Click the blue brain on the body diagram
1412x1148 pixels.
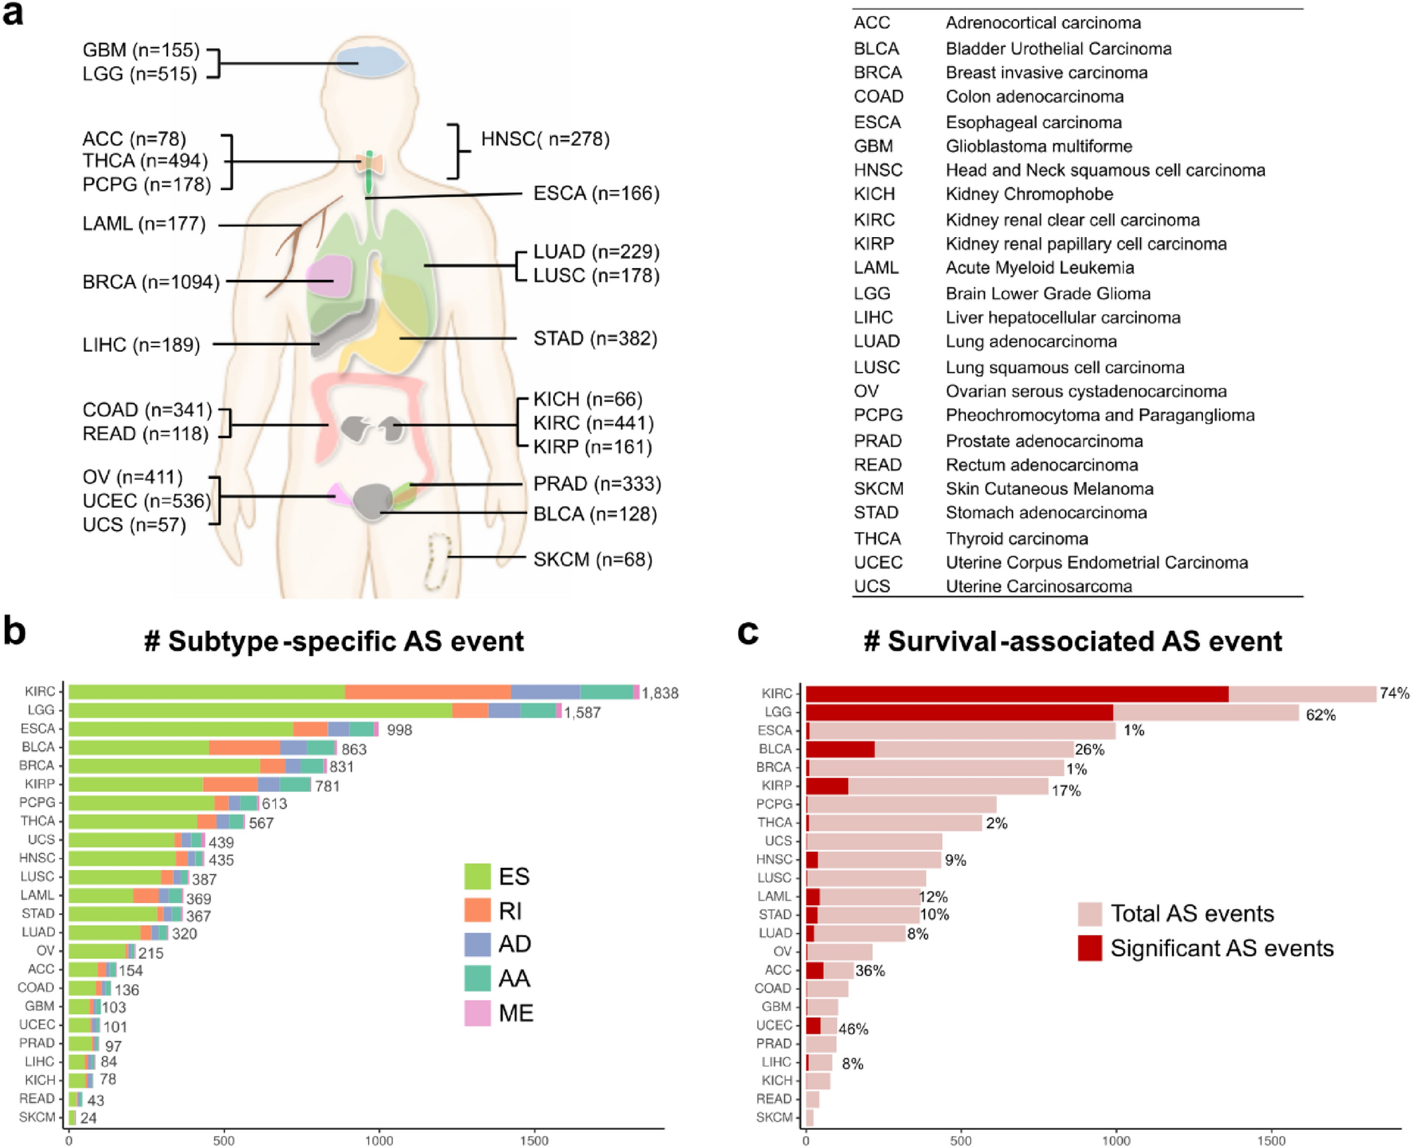pos(370,61)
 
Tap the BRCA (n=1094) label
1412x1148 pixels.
pos(151,282)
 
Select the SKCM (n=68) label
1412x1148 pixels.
pos(592,560)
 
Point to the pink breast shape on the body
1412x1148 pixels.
pos(329,276)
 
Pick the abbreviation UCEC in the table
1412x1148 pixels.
pos(877,563)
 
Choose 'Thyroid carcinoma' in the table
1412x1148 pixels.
pos(1017,539)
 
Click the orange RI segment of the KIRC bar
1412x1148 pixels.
pos(427,692)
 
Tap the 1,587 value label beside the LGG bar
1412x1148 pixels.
pos(582,713)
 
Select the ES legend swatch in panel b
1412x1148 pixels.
pos(477,876)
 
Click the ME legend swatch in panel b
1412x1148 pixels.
pos(477,1013)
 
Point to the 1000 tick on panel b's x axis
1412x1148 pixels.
pos(379,1140)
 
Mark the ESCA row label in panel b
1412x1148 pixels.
pos(37,729)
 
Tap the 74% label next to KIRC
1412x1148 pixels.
pos(1394,694)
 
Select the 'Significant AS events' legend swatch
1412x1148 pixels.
pos(1089,948)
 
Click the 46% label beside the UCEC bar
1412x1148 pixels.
pos(853,1029)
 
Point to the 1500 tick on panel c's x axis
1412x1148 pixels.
pos(1271,1140)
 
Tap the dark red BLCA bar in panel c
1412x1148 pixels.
pos(839,749)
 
